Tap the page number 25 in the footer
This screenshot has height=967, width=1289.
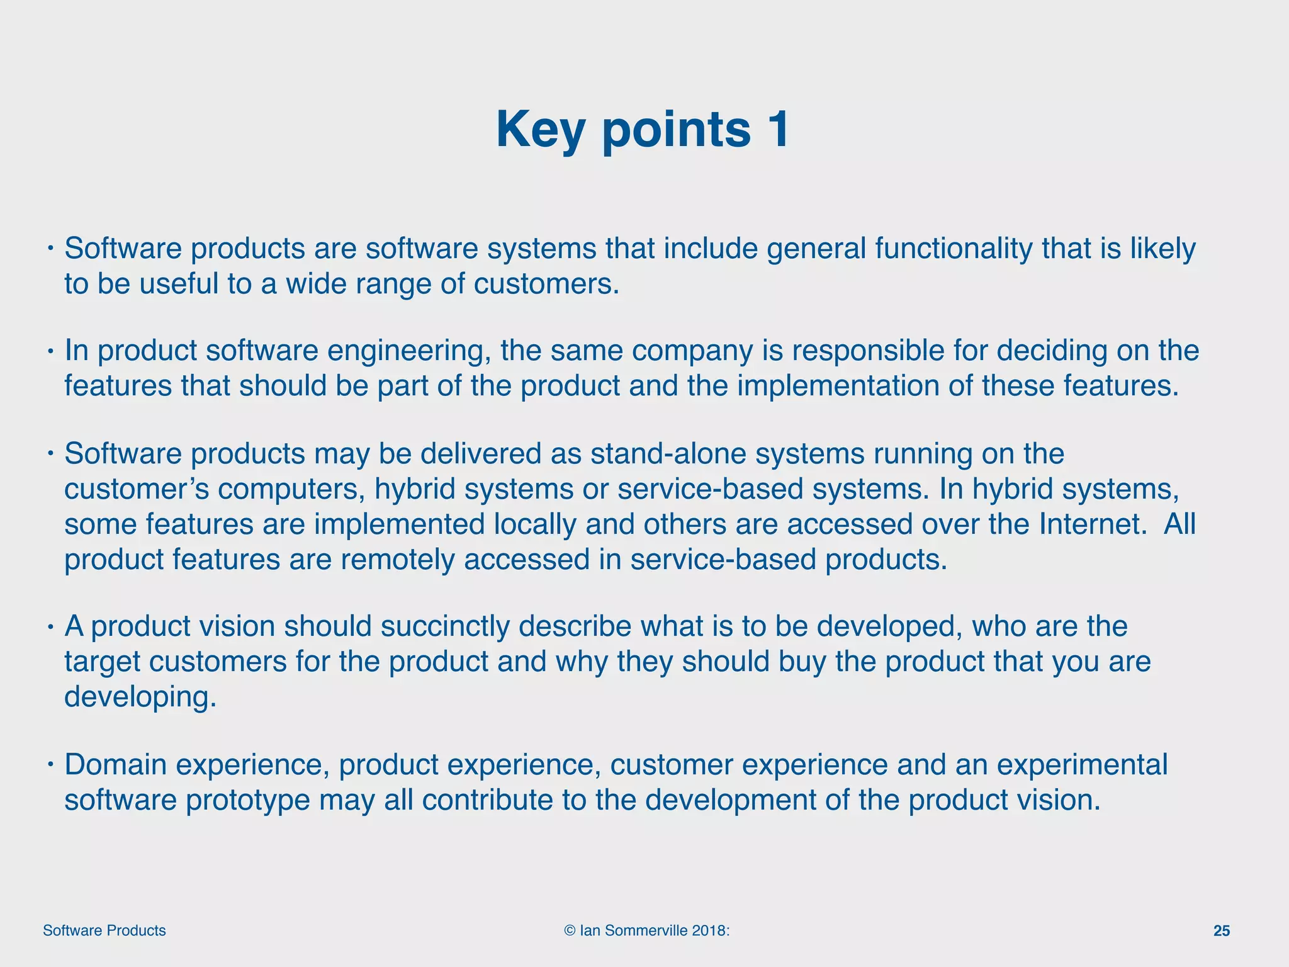(x=1221, y=931)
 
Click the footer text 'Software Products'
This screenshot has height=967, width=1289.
(x=104, y=931)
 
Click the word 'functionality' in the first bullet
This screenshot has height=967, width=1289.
(x=953, y=249)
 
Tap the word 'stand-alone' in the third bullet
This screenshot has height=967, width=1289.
(x=667, y=454)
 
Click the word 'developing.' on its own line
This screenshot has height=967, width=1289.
(x=140, y=697)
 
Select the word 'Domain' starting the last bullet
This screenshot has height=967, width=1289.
(x=115, y=765)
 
